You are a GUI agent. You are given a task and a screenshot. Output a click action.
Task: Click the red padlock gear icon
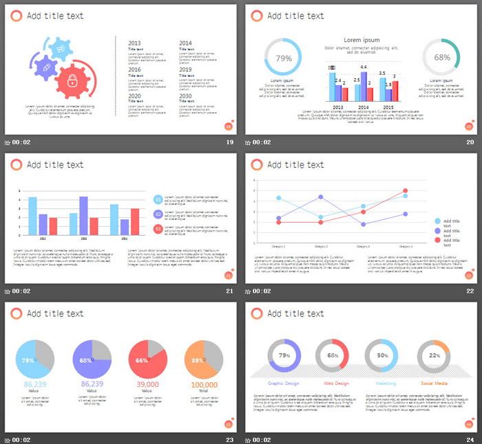[x=74, y=81]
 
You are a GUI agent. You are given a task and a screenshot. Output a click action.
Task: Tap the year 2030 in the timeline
[x=186, y=96]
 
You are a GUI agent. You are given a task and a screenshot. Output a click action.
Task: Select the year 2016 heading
[x=135, y=69]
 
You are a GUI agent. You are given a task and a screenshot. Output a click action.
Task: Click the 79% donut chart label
[x=284, y=58]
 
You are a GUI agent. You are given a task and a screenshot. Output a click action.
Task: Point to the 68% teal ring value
[x=441, y=58]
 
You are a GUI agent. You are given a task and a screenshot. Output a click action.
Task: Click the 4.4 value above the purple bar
[x=364, y=67]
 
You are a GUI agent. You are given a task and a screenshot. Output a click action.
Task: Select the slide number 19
[x=229, y=142]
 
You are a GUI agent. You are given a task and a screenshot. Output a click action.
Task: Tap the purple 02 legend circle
[x=158, y=214]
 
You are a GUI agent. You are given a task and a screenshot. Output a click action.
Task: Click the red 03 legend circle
[x=158, y=229]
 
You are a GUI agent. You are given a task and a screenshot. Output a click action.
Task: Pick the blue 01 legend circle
[x=158, y=200]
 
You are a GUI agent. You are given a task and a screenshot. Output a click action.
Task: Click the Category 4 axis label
[x=406, y=246]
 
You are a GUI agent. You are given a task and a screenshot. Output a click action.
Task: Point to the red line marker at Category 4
[x=406, y=191]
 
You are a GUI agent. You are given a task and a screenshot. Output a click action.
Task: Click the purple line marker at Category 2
[x=321, y=197]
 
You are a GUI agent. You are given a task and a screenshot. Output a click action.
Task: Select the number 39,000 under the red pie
[x=147, y=385]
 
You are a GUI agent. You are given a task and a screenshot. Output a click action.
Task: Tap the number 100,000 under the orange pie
[x=204, y=386]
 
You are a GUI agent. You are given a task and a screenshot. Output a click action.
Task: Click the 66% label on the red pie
[x=142, y=360]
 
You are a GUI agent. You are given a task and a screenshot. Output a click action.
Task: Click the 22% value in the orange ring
[x=434, y=355]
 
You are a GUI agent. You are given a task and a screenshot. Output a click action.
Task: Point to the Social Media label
[x=435, y=384]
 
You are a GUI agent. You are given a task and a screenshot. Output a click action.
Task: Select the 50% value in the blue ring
[x=383, y=355]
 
